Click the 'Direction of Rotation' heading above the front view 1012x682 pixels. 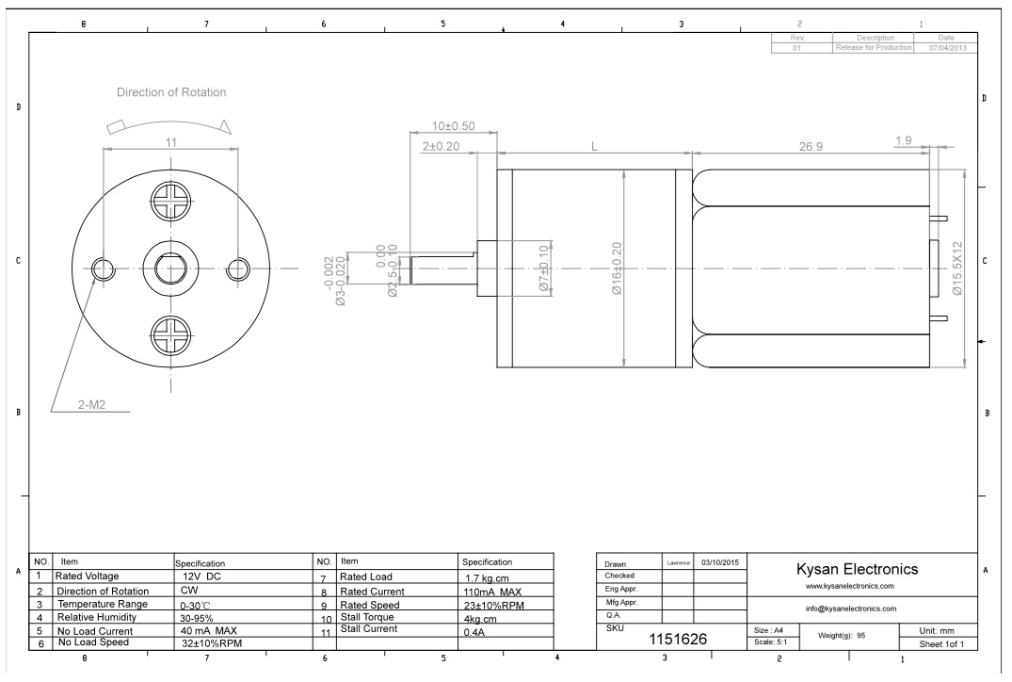(171, 92)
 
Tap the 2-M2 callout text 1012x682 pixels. (91, 405)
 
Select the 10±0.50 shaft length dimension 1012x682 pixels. (453, 126)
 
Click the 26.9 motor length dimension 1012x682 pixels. (811, 147)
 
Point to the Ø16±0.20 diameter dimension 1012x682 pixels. (617, 268)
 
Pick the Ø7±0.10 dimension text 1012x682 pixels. (543, 268)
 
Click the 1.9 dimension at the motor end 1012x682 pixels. (904, 140)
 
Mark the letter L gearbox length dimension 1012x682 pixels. (594, 147)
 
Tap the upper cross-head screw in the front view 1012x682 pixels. (171, 201)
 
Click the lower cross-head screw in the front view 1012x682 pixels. (171, 336)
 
